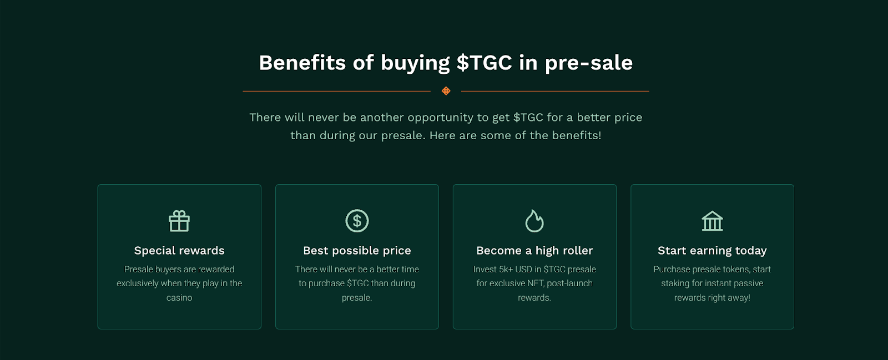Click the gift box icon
179,221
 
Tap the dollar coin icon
357,221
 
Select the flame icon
534,221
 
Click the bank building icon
712,221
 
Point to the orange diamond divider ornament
446,91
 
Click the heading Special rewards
179,250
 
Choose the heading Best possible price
357,250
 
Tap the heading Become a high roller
534,250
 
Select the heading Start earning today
712,250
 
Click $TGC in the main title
484,63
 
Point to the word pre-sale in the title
589,63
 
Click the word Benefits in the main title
302,63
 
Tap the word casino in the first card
179,298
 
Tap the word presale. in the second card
357,298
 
